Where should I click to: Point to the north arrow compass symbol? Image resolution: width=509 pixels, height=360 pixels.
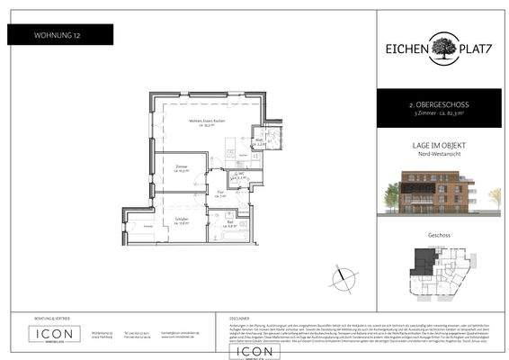point(339,279)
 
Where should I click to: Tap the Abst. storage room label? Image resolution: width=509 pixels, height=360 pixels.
point(259,141)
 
